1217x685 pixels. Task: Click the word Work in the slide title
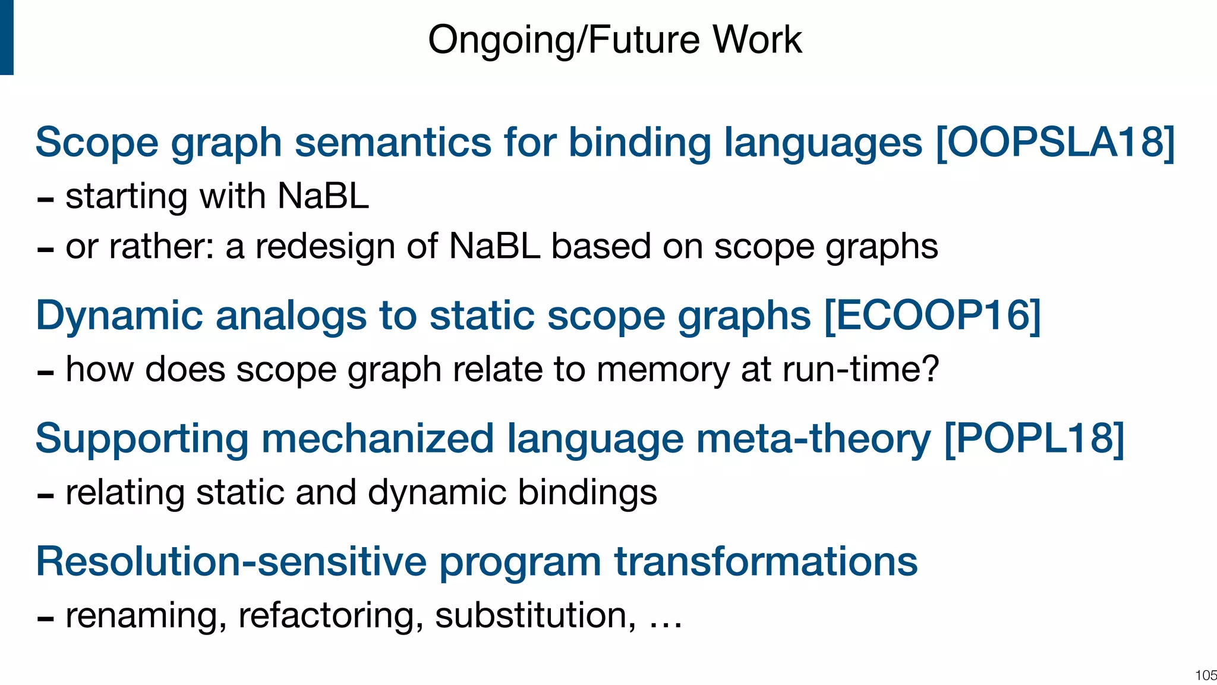(x=757, y=40)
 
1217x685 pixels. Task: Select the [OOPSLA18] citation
(x=1055, y=143)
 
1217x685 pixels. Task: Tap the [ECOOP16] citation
(x=932, y=315)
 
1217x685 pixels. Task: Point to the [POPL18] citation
(x=1034, y=439)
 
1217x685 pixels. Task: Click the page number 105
(x=1206, y=675)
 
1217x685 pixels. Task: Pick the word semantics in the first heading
(x=393, y=143)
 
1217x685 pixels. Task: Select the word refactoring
(x=330, y=616)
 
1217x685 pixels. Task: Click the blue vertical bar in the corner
(x=7, y=37)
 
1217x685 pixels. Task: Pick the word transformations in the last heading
(x=765, y=561)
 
